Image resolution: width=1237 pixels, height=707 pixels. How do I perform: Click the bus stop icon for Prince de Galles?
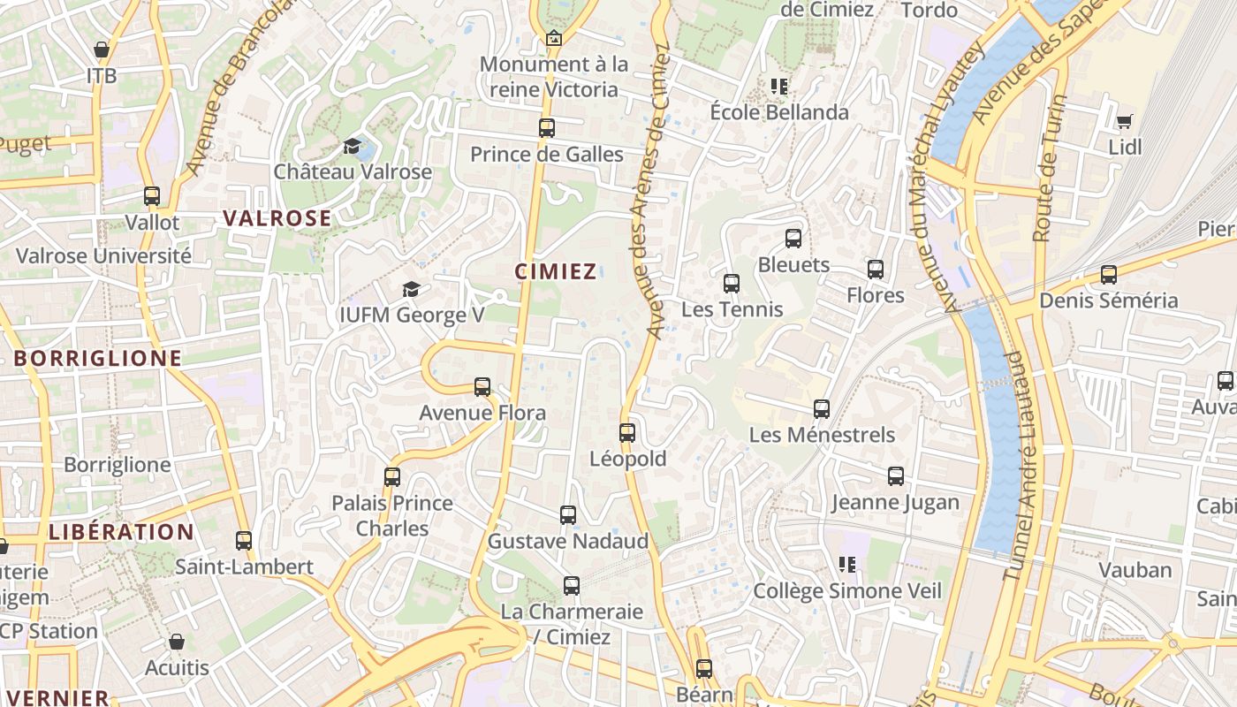point(547,128)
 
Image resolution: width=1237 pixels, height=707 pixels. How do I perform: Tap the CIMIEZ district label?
point(556,271)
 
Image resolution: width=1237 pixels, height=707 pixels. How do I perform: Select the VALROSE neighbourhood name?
point(277,218)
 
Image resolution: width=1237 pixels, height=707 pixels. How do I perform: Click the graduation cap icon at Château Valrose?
point(353,146)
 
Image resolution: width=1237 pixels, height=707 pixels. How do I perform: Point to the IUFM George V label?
point(412,315)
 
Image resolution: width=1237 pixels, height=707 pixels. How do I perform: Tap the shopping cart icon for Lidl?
point(1124,121)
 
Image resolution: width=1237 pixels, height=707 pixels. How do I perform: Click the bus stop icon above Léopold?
point(627,433)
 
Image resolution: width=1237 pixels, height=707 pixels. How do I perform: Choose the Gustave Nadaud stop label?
point(568,541)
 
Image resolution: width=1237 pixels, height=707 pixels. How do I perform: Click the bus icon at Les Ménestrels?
point(822,409)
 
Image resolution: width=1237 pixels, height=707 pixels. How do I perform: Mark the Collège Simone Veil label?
point(847,590)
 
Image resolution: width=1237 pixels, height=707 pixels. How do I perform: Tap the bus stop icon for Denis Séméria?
point(1109,275)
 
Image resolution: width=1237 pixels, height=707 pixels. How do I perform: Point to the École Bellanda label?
point(779,112)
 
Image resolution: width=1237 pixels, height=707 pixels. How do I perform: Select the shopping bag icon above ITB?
point(102,49)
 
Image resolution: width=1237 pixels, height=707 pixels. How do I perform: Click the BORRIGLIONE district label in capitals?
point(97,358)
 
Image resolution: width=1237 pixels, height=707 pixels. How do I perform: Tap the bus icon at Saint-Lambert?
point(244,541)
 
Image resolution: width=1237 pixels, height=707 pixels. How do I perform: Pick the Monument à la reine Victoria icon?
point(554,38)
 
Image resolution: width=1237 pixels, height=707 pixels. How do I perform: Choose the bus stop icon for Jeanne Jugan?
point(896,477)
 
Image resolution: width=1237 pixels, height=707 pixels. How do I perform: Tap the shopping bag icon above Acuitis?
point(177,642)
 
